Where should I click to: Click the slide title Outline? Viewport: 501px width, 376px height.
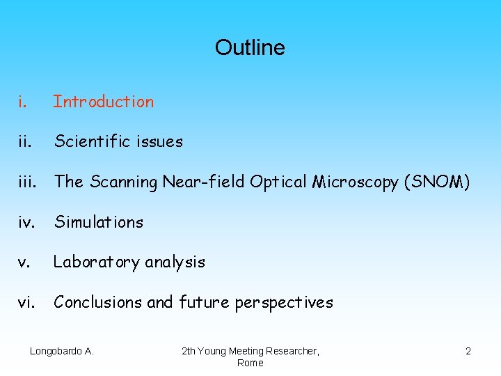250,47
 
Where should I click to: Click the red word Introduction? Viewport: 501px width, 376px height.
104,102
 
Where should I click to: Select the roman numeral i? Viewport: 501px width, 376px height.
23,102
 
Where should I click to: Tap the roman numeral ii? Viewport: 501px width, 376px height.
24,142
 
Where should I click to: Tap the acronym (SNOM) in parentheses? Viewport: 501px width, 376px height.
436,182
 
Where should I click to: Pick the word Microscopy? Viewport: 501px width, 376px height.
356,182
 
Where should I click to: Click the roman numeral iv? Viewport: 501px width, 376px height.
26,222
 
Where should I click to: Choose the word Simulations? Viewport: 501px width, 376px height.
99,222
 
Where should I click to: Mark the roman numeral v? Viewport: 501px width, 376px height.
24,263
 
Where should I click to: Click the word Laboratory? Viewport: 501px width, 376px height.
97,263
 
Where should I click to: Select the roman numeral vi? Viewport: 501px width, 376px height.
26,302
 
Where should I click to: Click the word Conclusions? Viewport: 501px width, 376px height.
97,302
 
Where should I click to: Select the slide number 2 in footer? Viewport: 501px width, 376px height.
468,352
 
